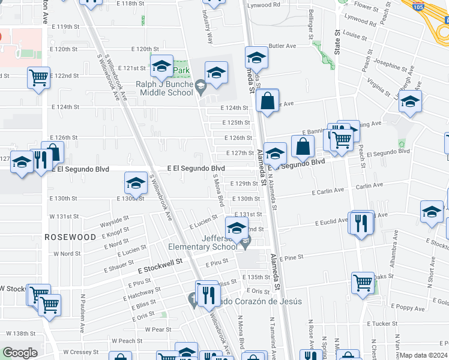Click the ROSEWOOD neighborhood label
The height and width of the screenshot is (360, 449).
(71, 238)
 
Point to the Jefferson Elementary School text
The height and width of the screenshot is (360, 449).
(202, 242)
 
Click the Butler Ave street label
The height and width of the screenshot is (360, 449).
(283, 46)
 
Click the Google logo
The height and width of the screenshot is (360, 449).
(20, 353)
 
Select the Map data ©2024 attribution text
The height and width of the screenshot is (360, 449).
(424, 355)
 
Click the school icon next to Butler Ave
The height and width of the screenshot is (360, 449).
(256, 58)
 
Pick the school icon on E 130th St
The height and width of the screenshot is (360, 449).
(136, 183)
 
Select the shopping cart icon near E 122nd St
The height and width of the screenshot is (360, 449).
(38, 77)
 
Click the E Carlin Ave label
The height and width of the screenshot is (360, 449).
(328, 191)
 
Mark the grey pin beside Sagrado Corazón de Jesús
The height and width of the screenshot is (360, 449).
(193, 298)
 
